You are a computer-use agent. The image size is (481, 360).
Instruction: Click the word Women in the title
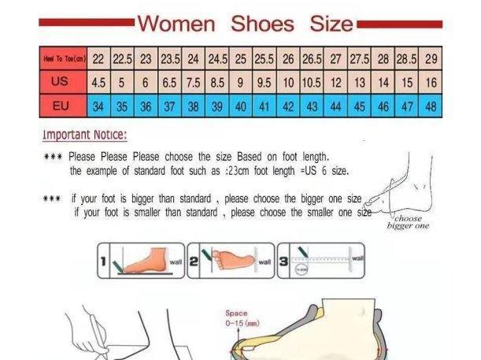pyautogui.click(x=176, y=24)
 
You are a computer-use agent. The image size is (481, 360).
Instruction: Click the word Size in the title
pyautogui.click(x=331, y=24)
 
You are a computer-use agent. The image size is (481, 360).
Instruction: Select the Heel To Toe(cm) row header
pyautogui.click(x=64, y=59)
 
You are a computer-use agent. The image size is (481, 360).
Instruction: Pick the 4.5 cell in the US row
pyautogui.click(x=99, y=82)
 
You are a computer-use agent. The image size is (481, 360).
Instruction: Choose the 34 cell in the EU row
pyautogui.click(x=99, y=106)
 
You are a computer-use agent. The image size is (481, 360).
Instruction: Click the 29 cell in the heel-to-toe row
pyautogui.click(x=431, y=59)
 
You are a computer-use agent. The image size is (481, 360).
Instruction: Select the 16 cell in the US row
pyautogui.click(x=431, y=82)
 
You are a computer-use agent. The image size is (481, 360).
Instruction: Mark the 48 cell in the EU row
pyautogui.click(x=431, y=106)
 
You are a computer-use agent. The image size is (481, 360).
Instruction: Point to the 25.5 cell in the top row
pyautogui.click(x=264, y=59)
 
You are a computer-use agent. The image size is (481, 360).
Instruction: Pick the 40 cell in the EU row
pyautogui.click(x=241, y=106)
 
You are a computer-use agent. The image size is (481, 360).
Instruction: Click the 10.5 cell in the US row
pyautogui.click(x=312, y=82)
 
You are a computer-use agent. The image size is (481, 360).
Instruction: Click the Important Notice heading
pyautogui.click(x=84, y=135)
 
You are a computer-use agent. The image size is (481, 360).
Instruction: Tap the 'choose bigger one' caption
pyautogui.click(x=408, y=222)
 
